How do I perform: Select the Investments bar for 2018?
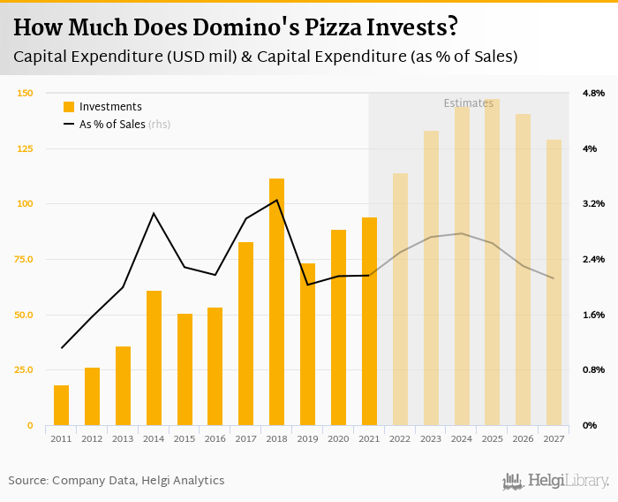(x=276, y=301)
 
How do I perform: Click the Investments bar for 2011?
(x=61, y=405)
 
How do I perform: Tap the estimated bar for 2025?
(x=492, y=262)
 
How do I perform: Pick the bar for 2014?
(x=154, y=357)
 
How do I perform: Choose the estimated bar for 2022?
(x=400, y=299)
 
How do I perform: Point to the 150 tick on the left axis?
(x=25, y=93)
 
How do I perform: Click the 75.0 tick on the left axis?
(x=25, y=259)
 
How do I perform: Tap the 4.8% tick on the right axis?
(x=592, y=93)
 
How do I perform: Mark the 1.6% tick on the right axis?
(x=592, y=315)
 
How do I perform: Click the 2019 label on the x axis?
(x=307, y=438)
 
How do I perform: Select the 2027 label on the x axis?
(x=554, y=438)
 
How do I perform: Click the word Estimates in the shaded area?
(x=468, y=103)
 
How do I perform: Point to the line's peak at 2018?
(x=276, y=200)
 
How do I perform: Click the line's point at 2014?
(x=154, y=213)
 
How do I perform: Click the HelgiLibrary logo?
(x=556, y=481)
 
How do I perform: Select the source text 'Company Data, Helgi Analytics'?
(x=139, y=481)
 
